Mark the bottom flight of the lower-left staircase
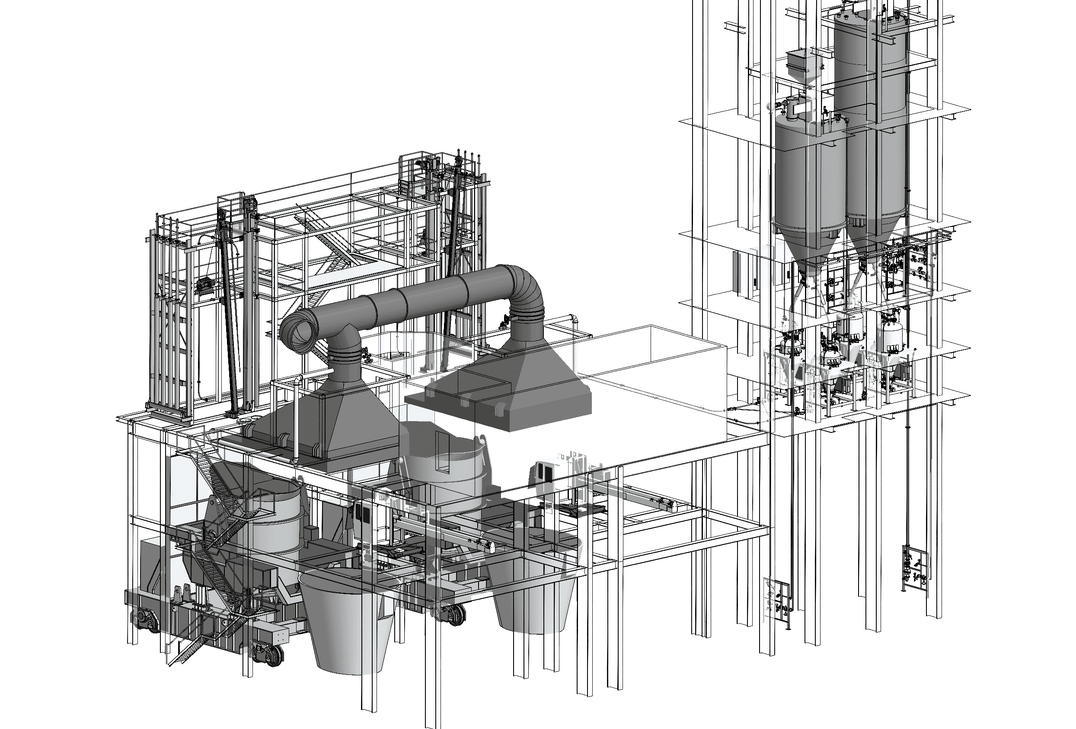pyautogui.click(x=185, y=653)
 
